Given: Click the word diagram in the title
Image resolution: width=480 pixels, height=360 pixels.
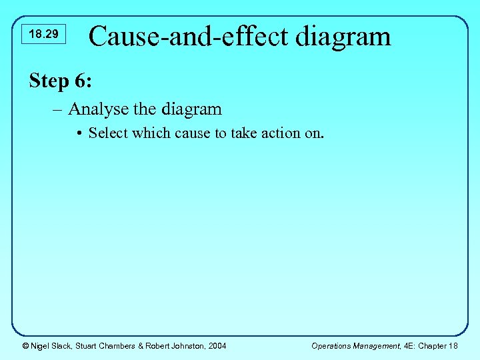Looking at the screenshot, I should [x=343, y=36].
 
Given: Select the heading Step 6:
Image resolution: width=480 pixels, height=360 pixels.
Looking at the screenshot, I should [x=61, y=81].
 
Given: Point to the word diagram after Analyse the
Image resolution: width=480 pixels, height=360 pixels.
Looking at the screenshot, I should [x=190, y=109].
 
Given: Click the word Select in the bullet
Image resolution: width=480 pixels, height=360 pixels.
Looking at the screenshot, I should [x=109, y=133].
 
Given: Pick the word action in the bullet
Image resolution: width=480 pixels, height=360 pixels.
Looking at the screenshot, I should [x=275, y=133].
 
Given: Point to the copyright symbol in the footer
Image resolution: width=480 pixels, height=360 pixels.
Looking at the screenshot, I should [x=25, y=345].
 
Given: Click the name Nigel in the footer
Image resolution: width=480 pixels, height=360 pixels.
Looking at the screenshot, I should [x=41, y=345].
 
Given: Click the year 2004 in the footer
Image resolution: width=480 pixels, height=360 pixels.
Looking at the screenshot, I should [x=216, y=345].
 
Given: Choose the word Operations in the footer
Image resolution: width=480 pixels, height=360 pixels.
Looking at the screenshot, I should [x=331, y=345].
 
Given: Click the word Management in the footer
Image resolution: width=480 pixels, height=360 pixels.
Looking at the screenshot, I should [x=379, y=345].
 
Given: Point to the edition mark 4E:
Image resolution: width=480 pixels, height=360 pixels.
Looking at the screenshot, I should [x=413, y=345].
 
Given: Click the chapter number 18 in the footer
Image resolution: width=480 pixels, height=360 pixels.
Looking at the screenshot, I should [x=453, y=345].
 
